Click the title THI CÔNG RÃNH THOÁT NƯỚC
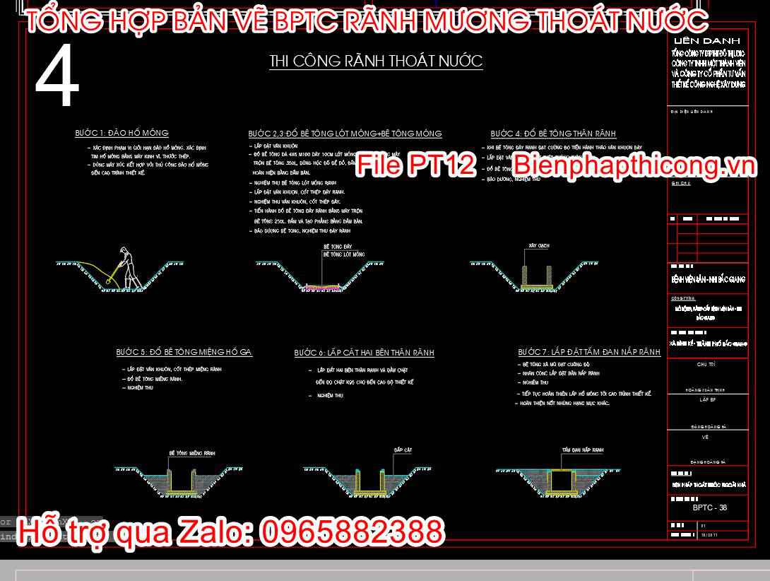click(376, 61)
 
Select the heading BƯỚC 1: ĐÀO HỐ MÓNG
click(122, 133)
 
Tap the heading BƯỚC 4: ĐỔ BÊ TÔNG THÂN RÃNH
click(553, 134)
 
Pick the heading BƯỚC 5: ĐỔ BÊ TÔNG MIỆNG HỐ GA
click(184, 352)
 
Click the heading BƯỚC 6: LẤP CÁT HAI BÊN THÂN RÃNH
click(364, 353)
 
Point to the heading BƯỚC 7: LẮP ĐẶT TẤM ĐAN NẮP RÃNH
click(589, 352)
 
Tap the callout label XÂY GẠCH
click(538, 246)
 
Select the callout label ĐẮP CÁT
click(403, 450)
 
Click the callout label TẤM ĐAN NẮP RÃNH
click(583, 450)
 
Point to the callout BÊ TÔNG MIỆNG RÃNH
click(192, 452)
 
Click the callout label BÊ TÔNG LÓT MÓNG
click(344, 254)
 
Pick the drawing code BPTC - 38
click(709, 507)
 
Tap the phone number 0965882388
click(353, 532)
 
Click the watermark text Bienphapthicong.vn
click(634, 165)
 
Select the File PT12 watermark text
click(416, 165)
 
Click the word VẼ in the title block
click(706, 438)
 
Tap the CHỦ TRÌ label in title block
click(706, 365)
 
